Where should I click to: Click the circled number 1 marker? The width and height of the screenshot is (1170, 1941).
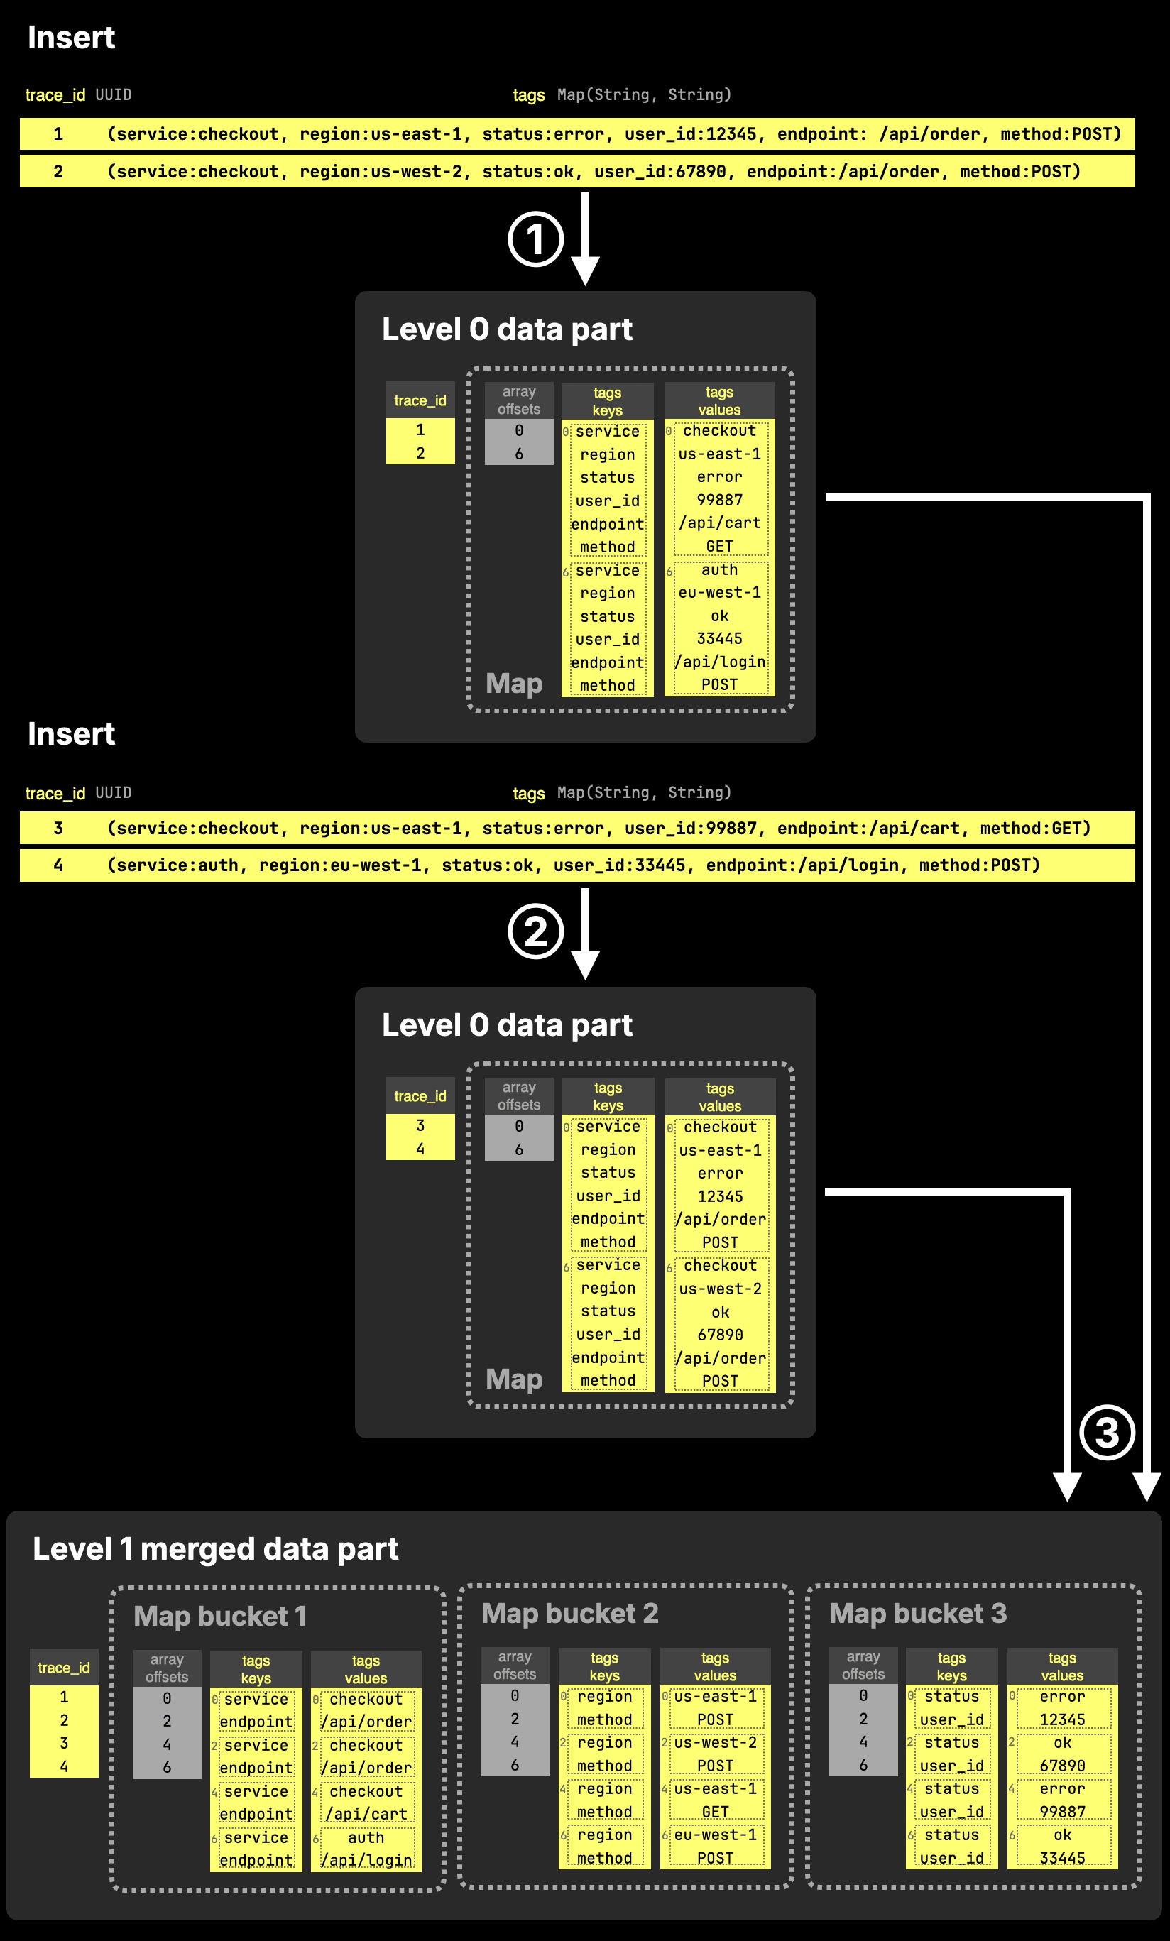pos(536,239)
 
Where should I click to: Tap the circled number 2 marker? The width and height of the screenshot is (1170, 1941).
pos(536,931)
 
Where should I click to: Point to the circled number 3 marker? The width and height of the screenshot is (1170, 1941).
pos(1107,1432)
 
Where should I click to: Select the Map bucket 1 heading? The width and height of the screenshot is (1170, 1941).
pos(220,1617)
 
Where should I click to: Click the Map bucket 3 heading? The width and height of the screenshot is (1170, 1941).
pos(918,1613)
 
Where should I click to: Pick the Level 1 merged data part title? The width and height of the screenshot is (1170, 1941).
pos(215,1548)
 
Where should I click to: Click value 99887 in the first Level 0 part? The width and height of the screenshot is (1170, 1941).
pos(719,501)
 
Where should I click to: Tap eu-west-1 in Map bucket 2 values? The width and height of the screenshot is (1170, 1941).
pos(716,1835)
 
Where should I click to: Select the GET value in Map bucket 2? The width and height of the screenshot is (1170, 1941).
pos(716,1812)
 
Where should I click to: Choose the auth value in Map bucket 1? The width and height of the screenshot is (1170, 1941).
pos(366,1838)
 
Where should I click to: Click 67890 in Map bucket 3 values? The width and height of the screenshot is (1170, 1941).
pos(1062,1766)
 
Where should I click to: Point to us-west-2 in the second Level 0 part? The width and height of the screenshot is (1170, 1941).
pos(720,1289)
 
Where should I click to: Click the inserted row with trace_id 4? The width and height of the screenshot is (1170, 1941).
pos(576,865)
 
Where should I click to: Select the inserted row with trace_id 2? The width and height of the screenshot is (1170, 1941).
pos(576,171)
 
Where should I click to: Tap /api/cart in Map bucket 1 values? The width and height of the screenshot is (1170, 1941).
pos(366,1814)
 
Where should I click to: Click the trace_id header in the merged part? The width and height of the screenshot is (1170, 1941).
pos(64,1668)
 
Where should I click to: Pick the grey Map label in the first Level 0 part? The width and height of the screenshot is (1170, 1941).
pos(514,683)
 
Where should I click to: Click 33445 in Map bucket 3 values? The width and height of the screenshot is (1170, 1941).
pos(1062,1858)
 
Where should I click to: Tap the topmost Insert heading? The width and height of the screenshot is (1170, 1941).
pos(71,37)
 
